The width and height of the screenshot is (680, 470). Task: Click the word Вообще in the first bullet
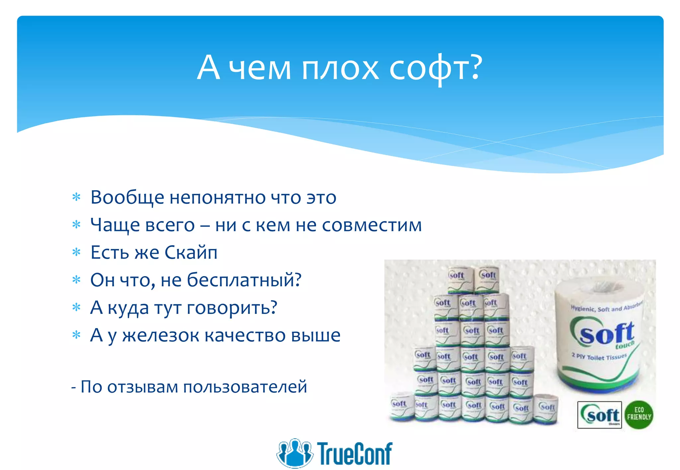coord(127,198)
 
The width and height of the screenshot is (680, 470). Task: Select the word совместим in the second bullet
coord(372,225)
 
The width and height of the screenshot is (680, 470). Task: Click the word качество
coord(245,335)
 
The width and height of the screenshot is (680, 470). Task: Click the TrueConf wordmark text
coord(355,453)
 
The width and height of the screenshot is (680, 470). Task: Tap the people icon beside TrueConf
coord(295,453)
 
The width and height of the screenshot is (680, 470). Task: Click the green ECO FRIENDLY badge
coord(638,415)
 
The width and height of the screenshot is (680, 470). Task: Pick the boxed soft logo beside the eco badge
coord(599,415)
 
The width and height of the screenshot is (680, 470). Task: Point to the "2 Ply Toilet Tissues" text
coord(599,357)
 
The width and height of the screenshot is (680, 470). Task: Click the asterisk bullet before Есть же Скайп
coord(76,253)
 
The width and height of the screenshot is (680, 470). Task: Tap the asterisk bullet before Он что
coord(76,280)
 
